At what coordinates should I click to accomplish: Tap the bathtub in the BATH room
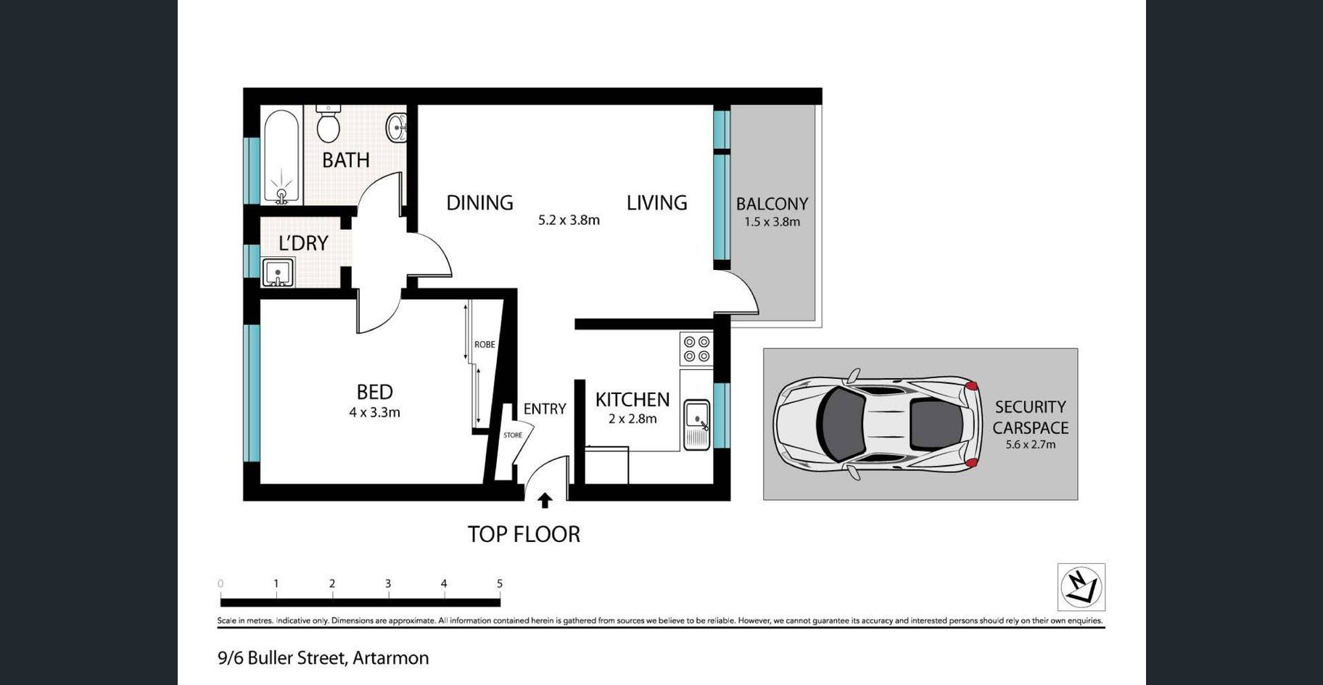point(281,156)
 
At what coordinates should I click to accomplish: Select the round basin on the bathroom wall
point(397,128)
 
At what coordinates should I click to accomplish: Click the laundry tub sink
point(278,272)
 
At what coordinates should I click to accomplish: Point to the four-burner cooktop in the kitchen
point(696,349)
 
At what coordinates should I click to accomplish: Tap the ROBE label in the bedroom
point(485,345)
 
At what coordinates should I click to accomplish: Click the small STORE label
point(513,435)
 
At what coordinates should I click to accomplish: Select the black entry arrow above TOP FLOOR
point(545,501)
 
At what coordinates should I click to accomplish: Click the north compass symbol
point(1081,586)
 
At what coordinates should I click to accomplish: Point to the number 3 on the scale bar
point(388,583)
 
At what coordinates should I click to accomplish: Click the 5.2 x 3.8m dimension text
point(569,220)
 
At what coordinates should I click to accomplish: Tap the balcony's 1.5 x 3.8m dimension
point(772,222)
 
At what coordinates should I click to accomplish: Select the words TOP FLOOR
point(524,534)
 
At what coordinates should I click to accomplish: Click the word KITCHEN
point(632,400)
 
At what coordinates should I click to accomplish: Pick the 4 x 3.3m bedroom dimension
point(374,413)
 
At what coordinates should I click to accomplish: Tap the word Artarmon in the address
point(390,658)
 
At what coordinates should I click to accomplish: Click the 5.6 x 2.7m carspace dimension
point(1030,445)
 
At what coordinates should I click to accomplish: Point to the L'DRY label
point(303,243)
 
